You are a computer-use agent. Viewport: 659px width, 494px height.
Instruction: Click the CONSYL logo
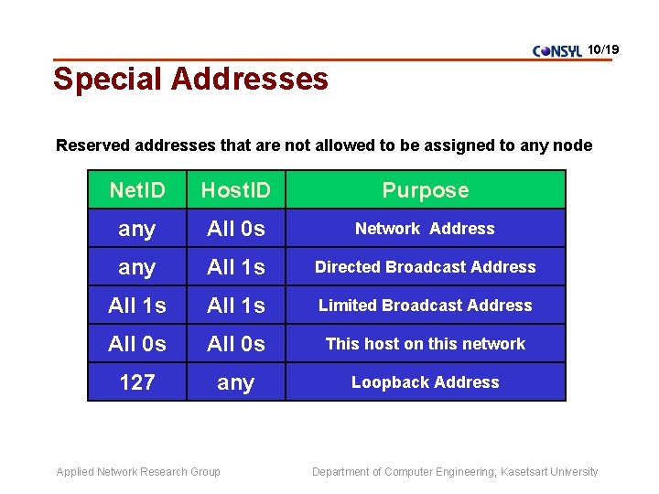[556, 51]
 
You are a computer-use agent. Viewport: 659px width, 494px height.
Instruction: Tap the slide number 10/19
[603, 48]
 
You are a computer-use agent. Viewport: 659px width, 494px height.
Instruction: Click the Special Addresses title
[190, 79]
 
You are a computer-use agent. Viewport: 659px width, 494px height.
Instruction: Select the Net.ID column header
[137, 190]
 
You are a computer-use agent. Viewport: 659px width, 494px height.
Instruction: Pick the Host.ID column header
[235, 190]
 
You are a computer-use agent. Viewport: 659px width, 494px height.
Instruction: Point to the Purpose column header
[425, 190]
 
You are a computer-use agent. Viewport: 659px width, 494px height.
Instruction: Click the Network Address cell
[425, 229]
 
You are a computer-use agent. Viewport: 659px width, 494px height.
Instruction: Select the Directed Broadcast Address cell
[425, 267]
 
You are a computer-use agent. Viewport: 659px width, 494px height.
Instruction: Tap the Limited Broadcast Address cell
[425, 306]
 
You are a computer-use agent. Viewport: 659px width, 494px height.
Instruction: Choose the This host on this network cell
[425, 344]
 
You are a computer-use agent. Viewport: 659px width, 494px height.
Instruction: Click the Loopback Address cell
[425, 382]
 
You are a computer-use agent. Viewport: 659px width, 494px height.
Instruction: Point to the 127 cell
[137, 382]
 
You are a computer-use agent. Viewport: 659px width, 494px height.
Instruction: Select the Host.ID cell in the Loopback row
[235, 382]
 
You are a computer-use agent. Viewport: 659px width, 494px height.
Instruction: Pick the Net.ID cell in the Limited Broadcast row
[137, 306]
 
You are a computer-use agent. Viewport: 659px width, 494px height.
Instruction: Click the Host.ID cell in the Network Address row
[235, 229]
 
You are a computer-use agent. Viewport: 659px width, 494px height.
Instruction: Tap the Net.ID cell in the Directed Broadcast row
[137, 267]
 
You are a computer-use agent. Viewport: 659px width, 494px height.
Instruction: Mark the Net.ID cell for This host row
[137, 344]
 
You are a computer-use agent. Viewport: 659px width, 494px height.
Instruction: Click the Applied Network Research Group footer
[138, 472]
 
